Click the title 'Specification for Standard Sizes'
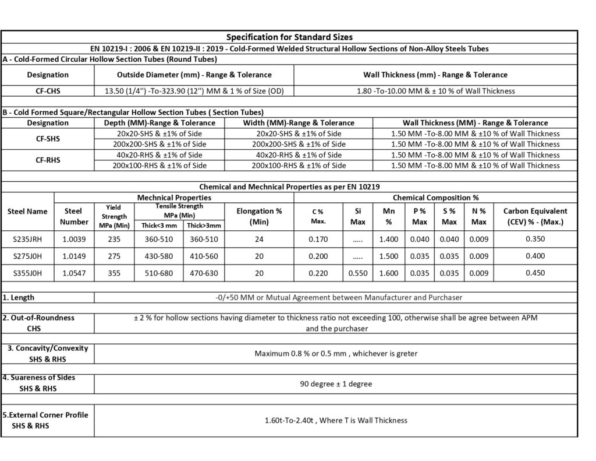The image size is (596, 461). pos(289,37)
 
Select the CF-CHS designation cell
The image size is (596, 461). pos(48,90)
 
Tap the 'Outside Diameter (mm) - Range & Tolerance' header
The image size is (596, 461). pos(194,75)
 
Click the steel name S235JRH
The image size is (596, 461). pos(27,239)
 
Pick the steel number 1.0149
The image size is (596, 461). pos(73,256)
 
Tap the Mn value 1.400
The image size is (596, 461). pos(388,239)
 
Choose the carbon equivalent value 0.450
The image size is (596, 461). pos(535,273)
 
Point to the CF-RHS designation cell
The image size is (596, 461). pos(48,160)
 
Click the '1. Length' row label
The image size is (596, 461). pos(20,297)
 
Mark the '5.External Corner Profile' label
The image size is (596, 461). pos(45,415)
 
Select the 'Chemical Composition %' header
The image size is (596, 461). pos(435,198)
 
